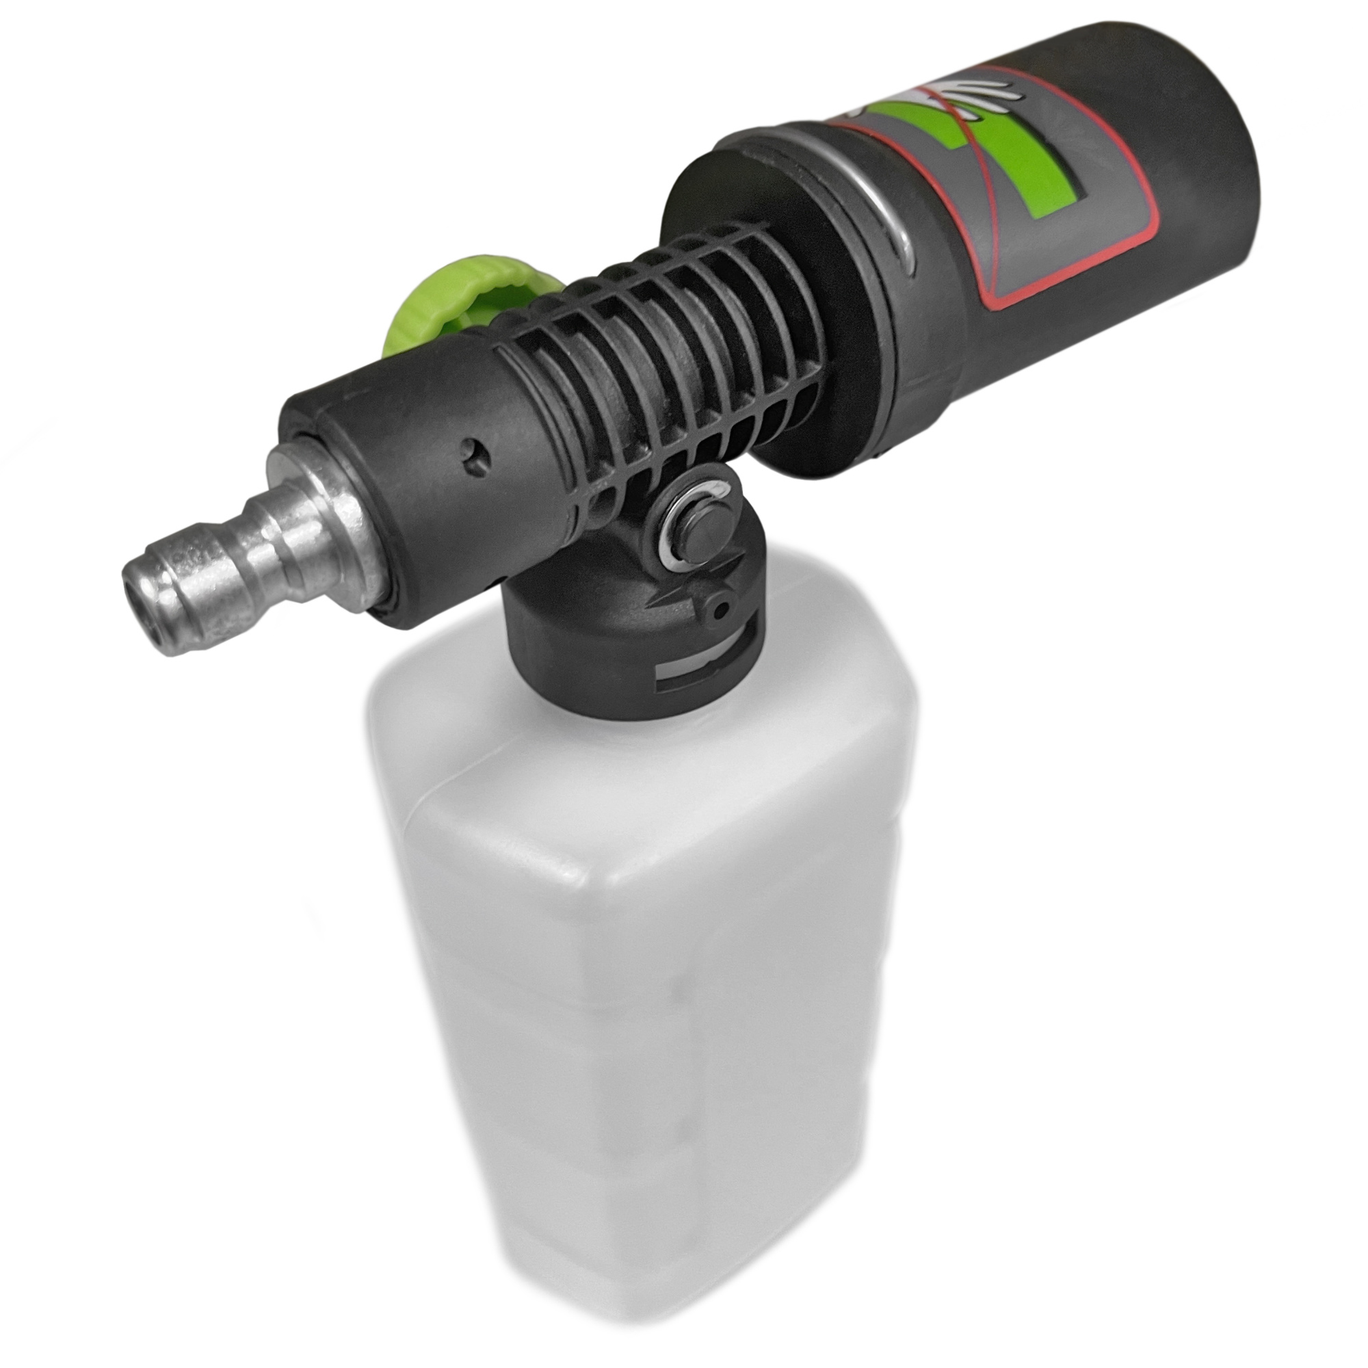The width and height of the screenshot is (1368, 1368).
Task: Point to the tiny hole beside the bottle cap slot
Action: (x=722, y=606)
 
